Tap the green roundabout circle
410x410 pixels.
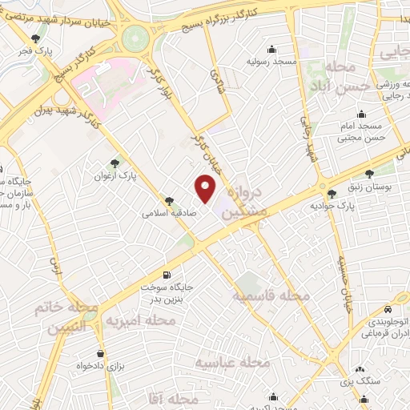(x=136, y=37)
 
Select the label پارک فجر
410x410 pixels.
(x=37, y=51)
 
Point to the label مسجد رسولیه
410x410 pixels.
(x=273, y=61)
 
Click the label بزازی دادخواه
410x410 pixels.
(x=99, y=365)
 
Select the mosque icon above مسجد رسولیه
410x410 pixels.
(x=274, y=48)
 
